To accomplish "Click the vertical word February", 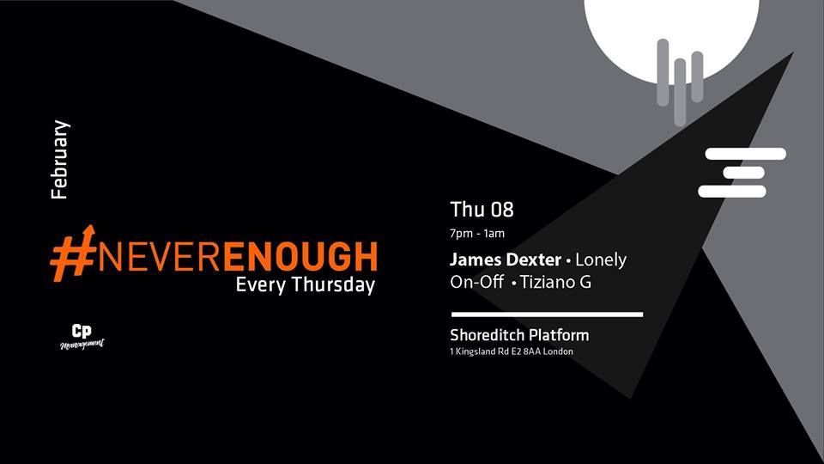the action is tap(59, 160).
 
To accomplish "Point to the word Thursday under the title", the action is tap(333, 285).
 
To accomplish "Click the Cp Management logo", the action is tap(82, 337).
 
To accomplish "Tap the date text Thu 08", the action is tap(482, 210).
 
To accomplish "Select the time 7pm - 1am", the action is tap(477, 234).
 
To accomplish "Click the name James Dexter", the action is tap(506, 259).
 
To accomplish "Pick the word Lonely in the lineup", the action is tap(601, 260).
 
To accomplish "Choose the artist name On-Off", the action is tap(476, 282).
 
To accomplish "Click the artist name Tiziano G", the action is tap(555, 282).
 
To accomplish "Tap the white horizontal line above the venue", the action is tap(547, 314).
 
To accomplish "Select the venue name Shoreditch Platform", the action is tap(519, 335).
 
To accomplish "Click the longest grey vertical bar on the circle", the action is tap(680, 92).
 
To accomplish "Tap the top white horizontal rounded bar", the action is tap(745, 154).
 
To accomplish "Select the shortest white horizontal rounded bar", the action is tap(743, 173).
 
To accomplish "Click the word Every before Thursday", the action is tap(261, 285).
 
